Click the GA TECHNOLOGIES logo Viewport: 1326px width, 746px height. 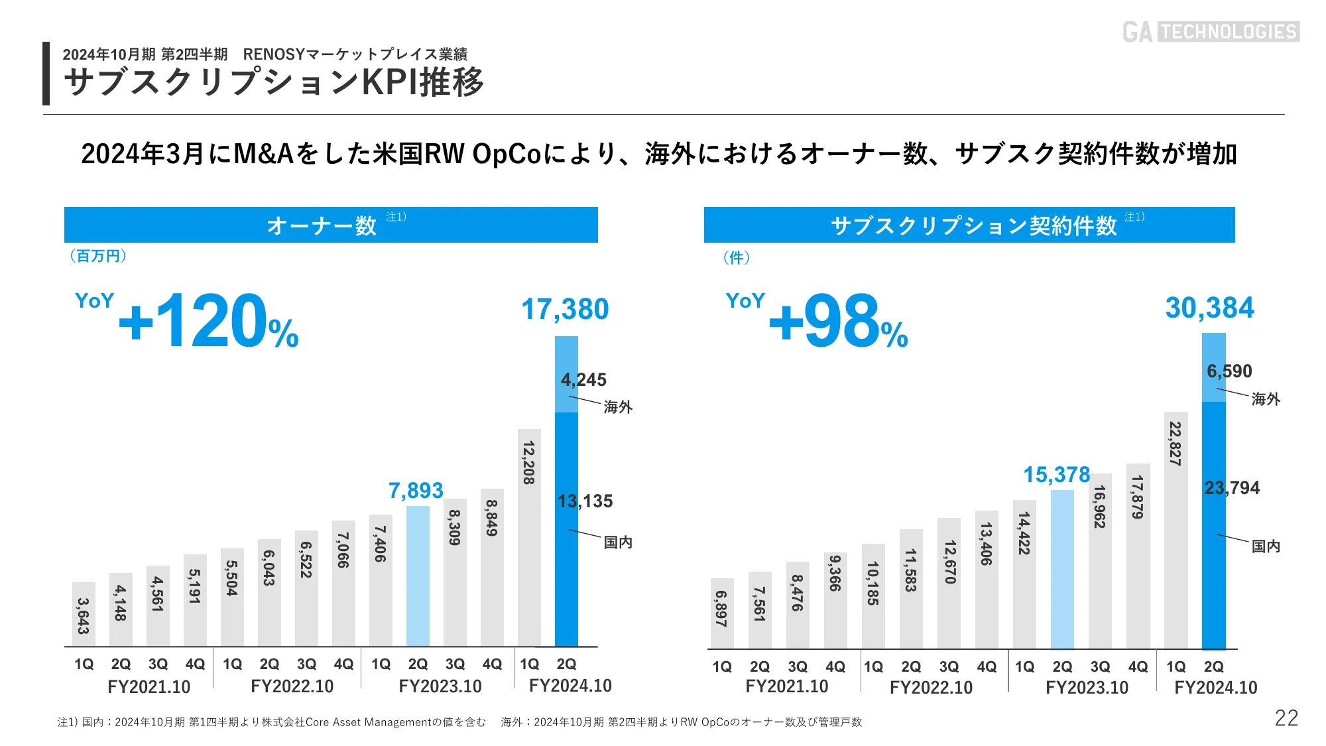[1211, 31]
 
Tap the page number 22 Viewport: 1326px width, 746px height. [1286, 718]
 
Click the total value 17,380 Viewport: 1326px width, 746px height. [565, 310]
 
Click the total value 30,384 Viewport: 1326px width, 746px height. [1210, 308]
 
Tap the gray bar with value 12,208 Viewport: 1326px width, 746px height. [529, 537]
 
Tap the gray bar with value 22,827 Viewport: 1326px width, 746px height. [1175, 530]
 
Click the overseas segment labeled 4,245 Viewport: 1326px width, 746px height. [566, 374]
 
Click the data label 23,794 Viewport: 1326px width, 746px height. [1232, 488]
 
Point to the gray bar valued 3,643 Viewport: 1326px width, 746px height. [84, 614]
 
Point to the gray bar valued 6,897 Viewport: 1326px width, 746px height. [721, 613]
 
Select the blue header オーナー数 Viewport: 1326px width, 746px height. [331, 225]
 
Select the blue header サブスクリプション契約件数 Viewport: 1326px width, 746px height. [969, 225]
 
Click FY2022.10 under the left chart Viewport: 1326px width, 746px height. [292, 686]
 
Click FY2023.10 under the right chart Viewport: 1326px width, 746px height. [1087, 688]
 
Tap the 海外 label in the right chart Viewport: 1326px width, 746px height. [1266, 399]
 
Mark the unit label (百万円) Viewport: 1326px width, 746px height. [98, 256]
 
